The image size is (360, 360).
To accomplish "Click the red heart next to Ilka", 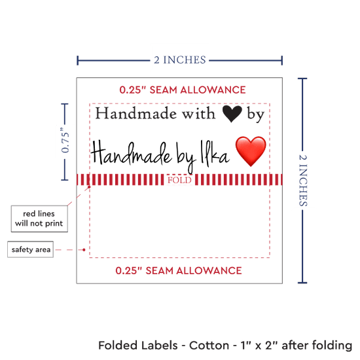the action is tap(251, 151).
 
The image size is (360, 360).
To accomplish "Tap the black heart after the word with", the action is tap(232, 113).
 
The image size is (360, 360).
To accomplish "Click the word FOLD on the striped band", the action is tap(179, 180).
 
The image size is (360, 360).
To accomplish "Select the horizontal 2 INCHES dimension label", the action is tap(180, 60).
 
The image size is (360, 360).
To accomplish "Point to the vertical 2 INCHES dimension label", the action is tap(303, 180).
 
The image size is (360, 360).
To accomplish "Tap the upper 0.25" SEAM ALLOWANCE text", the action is tap(183, 90).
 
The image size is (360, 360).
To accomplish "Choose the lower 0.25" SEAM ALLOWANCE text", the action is tap(179, 271).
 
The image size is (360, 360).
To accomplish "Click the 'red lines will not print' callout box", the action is tap(39, 219).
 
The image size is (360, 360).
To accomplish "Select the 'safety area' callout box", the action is tap(31, 249).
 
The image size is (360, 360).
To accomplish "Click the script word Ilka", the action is tap(215, 153).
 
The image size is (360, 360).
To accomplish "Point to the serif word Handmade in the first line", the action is tap(136, 113).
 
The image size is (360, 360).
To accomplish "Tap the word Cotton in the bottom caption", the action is tap(209, 346).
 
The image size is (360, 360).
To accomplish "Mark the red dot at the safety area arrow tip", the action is tap(84, 249).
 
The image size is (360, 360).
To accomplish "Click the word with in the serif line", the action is tap(199, 113).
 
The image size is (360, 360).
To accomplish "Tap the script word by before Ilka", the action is tap(185, 157).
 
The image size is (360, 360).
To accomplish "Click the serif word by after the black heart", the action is tap(256, 115).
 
